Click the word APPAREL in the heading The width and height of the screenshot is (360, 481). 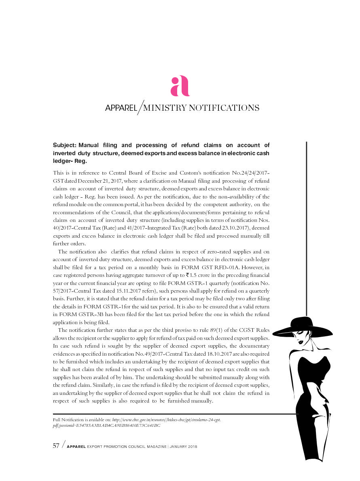pos(121,108)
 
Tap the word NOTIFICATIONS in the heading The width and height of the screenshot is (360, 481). pos(223,108)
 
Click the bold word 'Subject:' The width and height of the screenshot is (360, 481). pos(65,145)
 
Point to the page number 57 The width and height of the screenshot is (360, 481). pos(57,446)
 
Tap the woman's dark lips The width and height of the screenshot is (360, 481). pos(301,342)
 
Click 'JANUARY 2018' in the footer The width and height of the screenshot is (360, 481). pos(183,447)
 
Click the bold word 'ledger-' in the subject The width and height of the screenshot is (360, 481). pos(63,161)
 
